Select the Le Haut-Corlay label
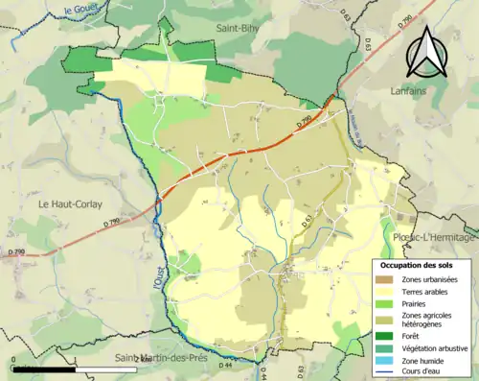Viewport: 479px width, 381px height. coord(70,204)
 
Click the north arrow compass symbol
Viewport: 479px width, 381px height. coord(426,52)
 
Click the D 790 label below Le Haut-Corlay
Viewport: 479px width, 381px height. coord(13,251)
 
